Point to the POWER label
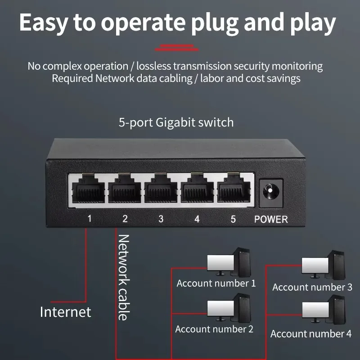pyautogui.click(x=271, y=220)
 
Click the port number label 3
pyautogui.click(x=161, y=219)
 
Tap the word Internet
pyautogui.click(x=65, y=312)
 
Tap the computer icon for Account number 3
pyautogui.click(x=324, y=265)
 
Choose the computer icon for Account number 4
pyautogui.click(x=324, y=310)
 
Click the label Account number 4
pyautogui.click(x=311, y=334)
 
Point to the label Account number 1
pyautogui.click(x=216, y=283)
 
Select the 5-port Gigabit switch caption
pyautogui.click(x=176, y=122)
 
